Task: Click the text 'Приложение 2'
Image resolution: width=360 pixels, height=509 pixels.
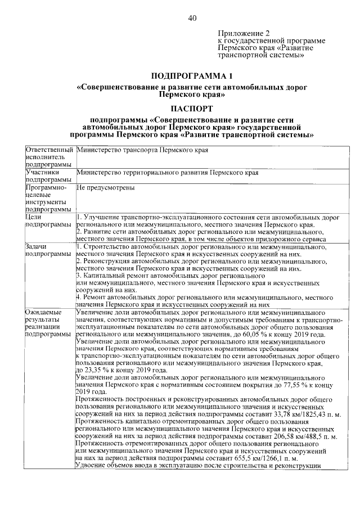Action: tap(241, 33)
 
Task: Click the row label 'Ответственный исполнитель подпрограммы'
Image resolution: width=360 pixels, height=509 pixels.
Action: tap(49, 157)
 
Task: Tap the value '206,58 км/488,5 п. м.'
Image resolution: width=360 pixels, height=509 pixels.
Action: tap(304, 438)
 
